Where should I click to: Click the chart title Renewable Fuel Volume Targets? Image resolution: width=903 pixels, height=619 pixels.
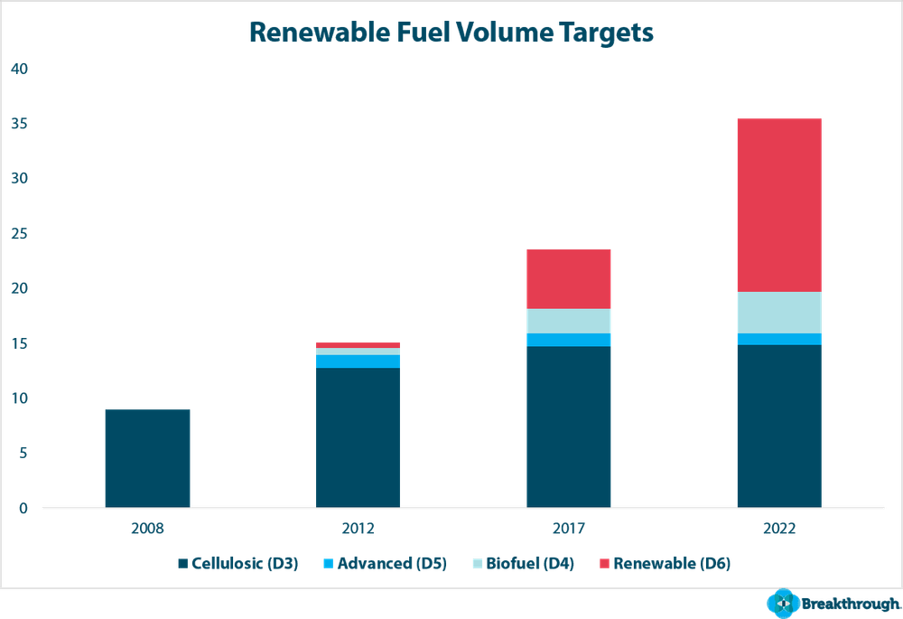pos(451,33)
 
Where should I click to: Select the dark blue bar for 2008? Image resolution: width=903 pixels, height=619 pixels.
pos(147,458)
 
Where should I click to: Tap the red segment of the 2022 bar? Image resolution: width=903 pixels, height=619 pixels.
pos(779,204)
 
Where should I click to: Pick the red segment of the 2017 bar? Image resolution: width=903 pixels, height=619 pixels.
pos(569,279)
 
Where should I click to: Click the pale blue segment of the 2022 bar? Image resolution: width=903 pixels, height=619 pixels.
pos(779,313)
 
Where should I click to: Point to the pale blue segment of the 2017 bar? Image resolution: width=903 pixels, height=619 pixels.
pos(569,321)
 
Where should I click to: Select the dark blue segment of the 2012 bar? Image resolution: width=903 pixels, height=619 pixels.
pos(358,437)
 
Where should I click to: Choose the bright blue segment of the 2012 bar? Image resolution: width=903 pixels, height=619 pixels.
pos(358,361)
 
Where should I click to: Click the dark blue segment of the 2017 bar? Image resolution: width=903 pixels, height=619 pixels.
pos(569,427)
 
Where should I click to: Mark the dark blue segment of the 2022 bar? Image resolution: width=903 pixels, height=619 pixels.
pos(779,426)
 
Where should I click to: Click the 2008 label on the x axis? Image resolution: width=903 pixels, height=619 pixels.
pos(147,529)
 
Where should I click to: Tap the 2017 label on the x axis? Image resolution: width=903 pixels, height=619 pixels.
pos(569,529)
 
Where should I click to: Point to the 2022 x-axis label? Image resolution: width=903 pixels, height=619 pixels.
pos(779,529)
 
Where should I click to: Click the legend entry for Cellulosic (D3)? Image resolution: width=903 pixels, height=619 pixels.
pos(239,564)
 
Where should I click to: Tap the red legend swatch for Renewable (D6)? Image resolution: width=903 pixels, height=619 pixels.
pos(604,564)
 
